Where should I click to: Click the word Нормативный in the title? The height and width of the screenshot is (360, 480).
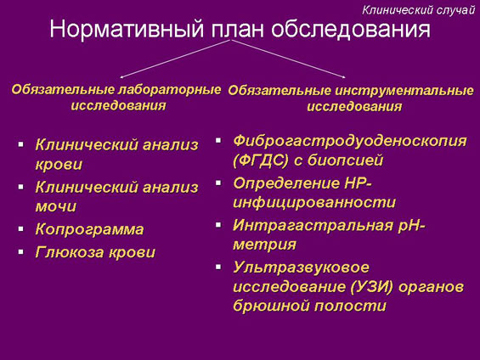pyautogui.click(x=127, y=29)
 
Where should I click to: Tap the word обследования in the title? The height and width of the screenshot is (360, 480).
pyautogui.click(x=351, y=29)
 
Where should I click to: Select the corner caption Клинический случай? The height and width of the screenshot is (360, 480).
pyautogui.click(x=419, y=10)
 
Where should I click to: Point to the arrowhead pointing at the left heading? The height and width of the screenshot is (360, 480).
pyautogui.click(x=121, y=76)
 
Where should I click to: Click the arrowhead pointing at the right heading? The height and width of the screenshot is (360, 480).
pyautogui.click(x=344, y=76)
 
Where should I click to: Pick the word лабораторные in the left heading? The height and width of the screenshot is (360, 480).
pyautogui.click(x=169, y=90)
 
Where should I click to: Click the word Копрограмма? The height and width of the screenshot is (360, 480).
pyautogui.click(x=89, y=229)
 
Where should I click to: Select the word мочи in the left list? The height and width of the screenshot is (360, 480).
pyautogui.click(x=56, y=206)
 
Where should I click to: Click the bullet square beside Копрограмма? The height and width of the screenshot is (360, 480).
pyautogui.click(x=21, y=228)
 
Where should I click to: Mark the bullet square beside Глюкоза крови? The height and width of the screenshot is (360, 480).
pyautogui.click(x=21, y=251)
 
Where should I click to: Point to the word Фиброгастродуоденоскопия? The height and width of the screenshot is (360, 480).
pyautogui.click(x=350, y=142)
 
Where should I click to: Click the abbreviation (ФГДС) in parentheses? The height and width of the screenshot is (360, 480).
pyautogui.click(x=261, y=160)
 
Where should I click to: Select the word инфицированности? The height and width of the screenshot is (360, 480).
pyautogui.click(x=314, y=202)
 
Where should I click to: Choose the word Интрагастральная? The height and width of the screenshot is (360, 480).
pyautogui.click(x=313, y=225)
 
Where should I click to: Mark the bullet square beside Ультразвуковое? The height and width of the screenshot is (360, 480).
pyautogui.click(x=218, y=267)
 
